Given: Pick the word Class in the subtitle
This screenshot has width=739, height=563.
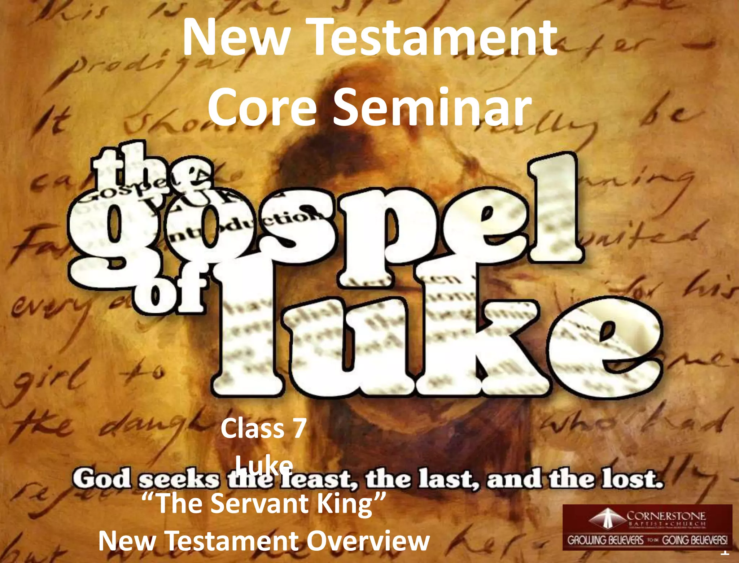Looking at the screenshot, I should [253, 429].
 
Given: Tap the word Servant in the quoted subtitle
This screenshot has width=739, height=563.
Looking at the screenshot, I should [260, 503].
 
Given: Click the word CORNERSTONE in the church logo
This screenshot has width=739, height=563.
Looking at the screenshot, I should [666, 516].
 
